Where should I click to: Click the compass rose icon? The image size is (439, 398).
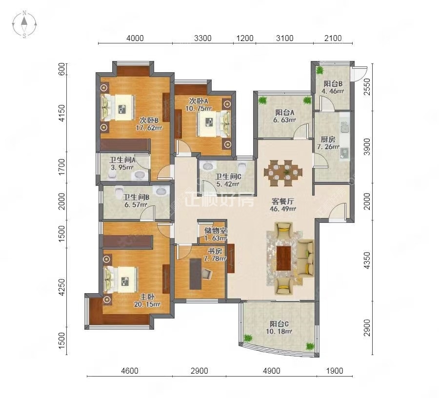coord(24,24)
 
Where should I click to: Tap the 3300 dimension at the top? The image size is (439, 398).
coord(203,38)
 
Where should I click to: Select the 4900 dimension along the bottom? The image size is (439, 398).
coord(272,371)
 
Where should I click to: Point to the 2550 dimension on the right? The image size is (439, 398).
coord(367,87)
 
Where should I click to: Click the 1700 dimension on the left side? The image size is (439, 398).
coord(62,167)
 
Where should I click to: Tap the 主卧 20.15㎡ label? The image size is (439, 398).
coord(147,300)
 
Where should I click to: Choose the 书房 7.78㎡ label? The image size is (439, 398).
coord(215,255)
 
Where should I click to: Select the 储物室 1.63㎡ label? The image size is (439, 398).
coord(215,234)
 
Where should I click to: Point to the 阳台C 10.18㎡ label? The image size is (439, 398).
coord(279,328)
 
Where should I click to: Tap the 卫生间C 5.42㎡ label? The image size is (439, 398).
coord(228,180)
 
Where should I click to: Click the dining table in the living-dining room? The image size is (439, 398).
coord(283,173)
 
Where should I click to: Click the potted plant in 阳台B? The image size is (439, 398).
coord(319,70)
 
